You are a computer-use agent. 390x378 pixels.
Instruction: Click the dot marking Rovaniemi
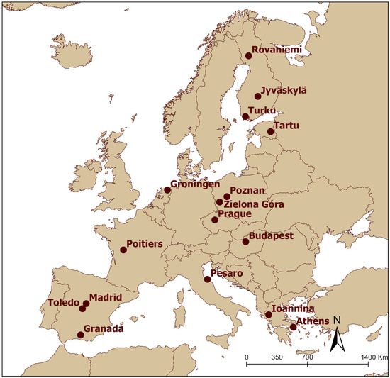249,56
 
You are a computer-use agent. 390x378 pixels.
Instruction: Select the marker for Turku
245,117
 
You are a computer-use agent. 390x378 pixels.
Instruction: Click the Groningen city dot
168,190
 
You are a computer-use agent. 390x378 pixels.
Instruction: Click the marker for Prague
215,220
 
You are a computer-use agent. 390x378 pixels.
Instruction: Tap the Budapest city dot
245,242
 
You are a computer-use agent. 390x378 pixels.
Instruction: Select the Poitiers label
145,244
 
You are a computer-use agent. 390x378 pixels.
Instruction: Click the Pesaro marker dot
207,279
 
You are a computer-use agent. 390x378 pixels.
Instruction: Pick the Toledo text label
63,304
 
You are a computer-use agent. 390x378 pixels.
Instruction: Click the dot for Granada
80,335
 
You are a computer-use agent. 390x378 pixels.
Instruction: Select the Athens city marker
294,327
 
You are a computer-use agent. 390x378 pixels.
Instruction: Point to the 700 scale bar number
307,358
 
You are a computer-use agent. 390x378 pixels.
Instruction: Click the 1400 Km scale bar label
374,358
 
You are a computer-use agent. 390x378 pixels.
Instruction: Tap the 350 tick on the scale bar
277,358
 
